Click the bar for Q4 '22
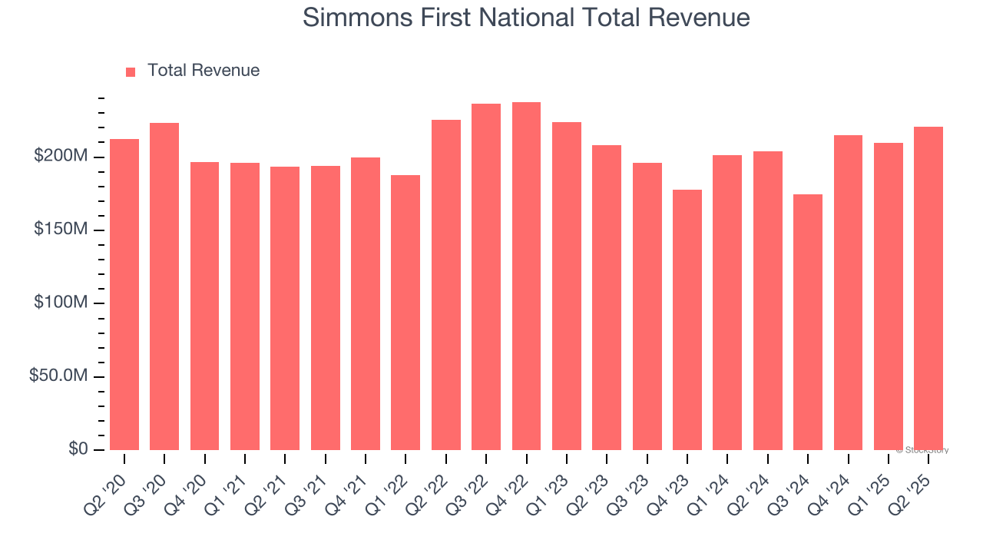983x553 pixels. pos(526,276)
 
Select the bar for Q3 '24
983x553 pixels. pos(808,323)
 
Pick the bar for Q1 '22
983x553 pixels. pos(405,313)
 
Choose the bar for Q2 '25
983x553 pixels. pos(928,288)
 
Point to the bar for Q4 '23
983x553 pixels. pos(687,320)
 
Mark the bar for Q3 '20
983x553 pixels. pos(164,286)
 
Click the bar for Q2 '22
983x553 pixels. pos(446,285)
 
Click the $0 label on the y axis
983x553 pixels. pos(78,449)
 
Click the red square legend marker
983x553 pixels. pos(131,71)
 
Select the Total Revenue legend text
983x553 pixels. pos(204,71)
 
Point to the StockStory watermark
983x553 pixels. pos(922,450)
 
